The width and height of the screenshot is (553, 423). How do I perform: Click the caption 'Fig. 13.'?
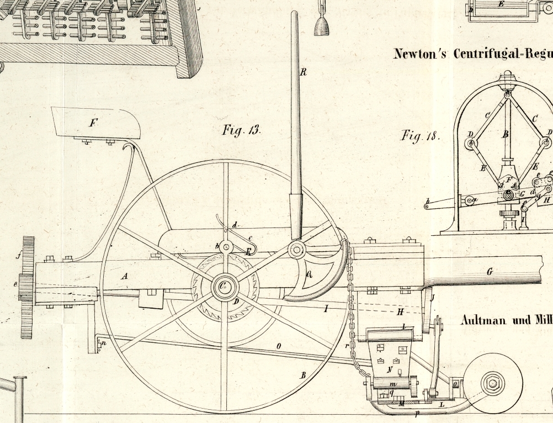point(241,130)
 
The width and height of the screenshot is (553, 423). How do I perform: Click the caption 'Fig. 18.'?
point(420,136)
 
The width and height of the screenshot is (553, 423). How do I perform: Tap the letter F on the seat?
point(92,123)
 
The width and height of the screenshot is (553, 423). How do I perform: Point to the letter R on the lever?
point(303,72)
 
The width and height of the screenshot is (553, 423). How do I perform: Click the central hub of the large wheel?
point(225,287)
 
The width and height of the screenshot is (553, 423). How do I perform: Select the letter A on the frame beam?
point(125,276)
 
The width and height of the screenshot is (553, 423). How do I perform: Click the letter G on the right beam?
point(489,271)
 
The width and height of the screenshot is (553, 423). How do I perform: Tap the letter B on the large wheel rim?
point(302,375)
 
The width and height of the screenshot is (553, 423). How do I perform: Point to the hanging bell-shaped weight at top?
point(321,25)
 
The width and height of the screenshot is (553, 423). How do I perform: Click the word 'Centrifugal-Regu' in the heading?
point(503,54)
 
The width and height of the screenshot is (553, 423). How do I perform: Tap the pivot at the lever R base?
point(296,250)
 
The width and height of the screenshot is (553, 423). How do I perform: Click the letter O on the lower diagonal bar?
point(279,346)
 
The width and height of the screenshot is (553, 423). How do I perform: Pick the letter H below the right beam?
point(400,312)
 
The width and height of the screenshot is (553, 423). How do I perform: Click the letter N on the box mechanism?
point(390,369)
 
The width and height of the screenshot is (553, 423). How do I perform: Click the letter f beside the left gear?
point(18,255)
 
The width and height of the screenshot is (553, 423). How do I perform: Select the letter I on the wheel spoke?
point(326,309)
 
